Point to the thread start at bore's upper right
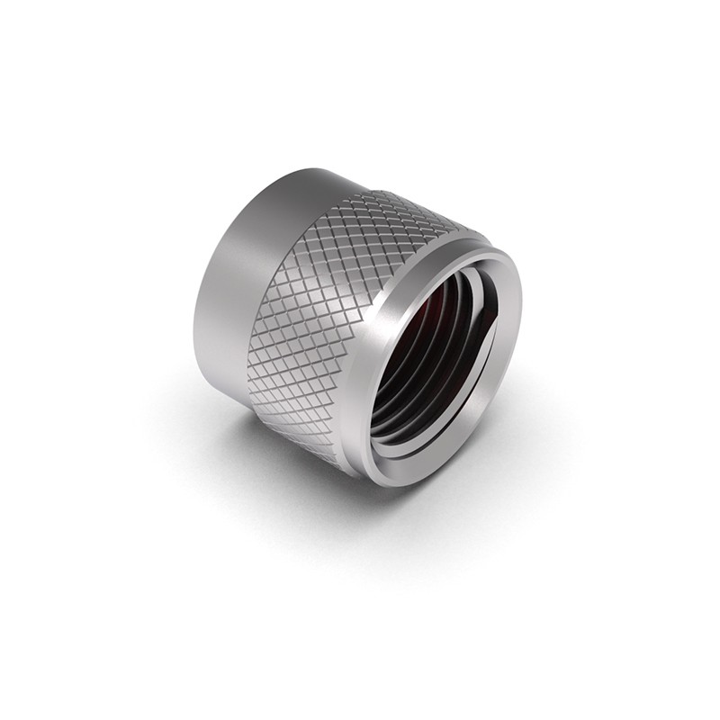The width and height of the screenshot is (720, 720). [x=481, y=288]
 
